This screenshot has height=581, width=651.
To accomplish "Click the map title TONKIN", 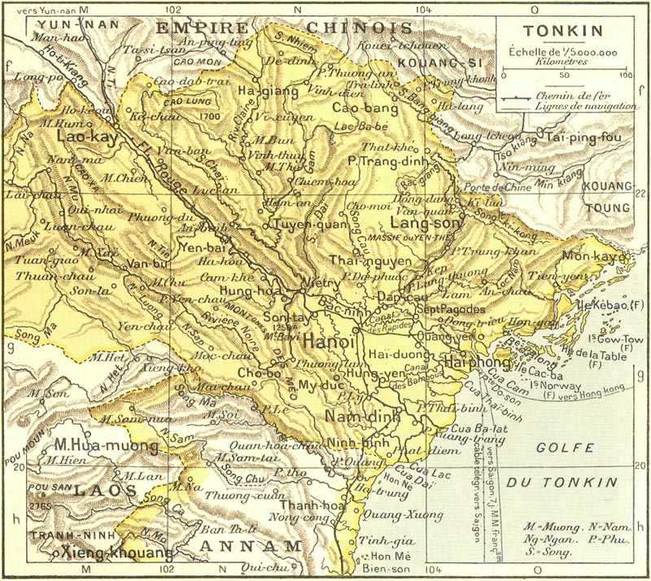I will [x=563, y=33].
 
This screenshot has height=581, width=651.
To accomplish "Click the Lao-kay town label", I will [x=85, y=138].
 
